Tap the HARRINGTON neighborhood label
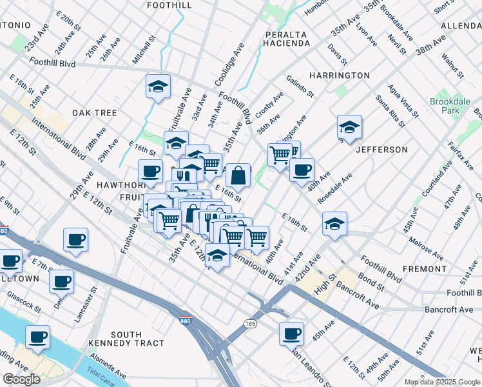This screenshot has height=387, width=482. tap(339, 75)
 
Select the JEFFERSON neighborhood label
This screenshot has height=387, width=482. tap(381, 150)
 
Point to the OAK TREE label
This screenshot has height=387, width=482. tap(94, 113)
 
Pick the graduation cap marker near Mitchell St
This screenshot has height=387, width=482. tap(157, 88)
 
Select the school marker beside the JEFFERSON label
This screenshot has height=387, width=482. tap(349, 127)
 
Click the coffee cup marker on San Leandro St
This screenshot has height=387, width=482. tap(291, 333)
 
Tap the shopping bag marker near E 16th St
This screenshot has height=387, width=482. tap(238, 175)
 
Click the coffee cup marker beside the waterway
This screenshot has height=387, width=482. tap(37, 337)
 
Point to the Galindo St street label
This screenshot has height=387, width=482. tap(300, 85)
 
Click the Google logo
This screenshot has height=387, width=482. tap(22, 379)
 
